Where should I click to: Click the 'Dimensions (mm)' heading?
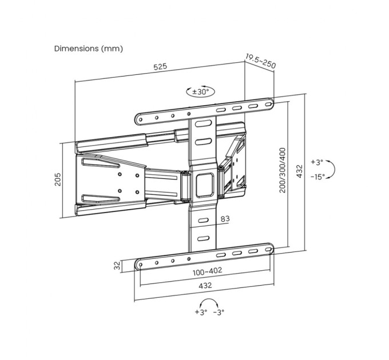click(88, 49)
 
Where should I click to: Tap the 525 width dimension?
click(160, 67)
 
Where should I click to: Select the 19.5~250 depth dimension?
click(260, 61)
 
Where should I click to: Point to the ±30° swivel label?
click(201, 91)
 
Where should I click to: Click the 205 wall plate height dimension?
click(58, 180)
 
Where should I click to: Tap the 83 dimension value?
click(225, 218)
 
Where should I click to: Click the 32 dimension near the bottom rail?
click(117, 265)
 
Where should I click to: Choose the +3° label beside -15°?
click(317, 162)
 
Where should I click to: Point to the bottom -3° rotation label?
click(219, 312)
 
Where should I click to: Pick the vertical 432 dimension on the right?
click(299, 170)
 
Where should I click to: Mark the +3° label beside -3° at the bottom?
click(200, 312)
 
